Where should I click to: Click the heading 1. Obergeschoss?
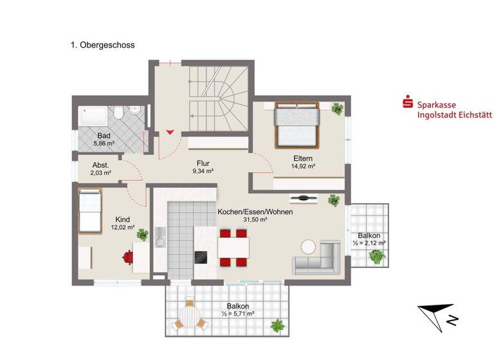click(102, 45)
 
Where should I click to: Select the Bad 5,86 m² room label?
click(104, 139)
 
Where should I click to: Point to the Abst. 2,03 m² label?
click(101, 168)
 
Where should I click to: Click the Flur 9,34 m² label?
click(203, 167)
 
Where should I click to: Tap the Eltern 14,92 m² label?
click(303, 162)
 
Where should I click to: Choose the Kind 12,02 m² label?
click(122, 223)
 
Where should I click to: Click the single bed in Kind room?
click(90, 210)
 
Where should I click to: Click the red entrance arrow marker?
click(170, 132)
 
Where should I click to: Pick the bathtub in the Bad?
click(95, 115)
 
